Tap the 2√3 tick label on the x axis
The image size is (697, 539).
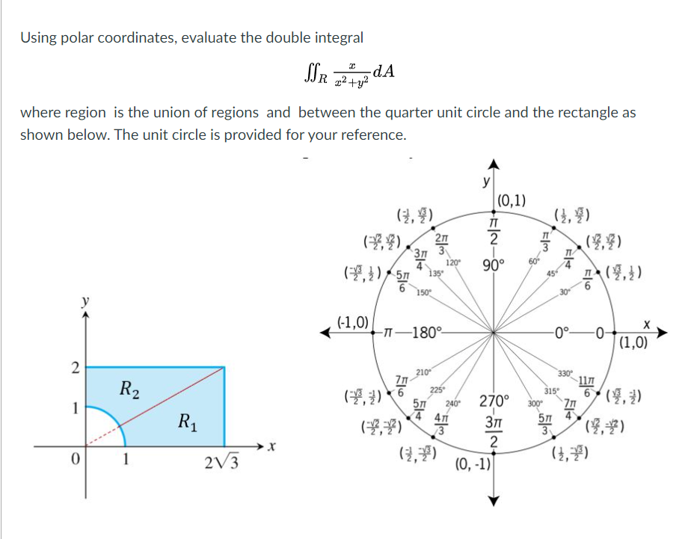point(221,462)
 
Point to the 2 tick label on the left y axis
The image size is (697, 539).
point(74,367)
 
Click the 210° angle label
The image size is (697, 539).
point(422,372)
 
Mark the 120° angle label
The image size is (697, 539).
point(452,262)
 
